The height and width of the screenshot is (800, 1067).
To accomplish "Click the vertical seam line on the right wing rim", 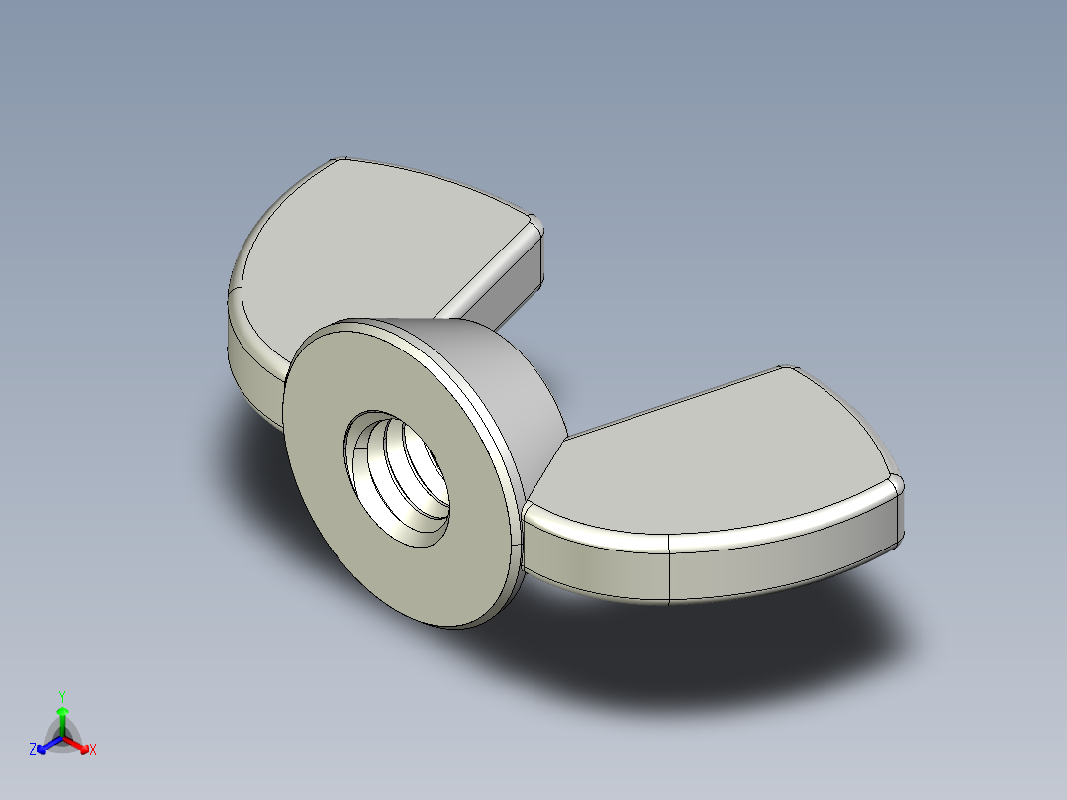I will click(x=670, y=569).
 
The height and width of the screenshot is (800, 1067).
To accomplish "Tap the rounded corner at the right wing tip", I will click(x=896, y=485).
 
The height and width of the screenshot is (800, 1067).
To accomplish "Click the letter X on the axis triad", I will click(x=93, y=750).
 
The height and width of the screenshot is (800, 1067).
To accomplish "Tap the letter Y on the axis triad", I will click(x=61, y=696).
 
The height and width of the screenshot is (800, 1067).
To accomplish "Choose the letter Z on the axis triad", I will click(x=33, y=750).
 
